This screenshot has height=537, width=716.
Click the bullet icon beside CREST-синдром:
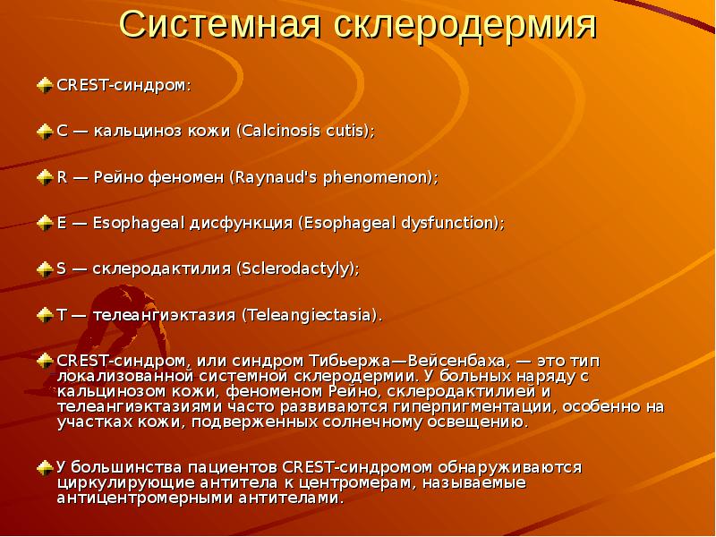45,85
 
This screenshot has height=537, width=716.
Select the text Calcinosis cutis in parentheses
305,131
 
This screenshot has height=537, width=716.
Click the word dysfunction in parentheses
446,223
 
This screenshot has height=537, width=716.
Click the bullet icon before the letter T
45,314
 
